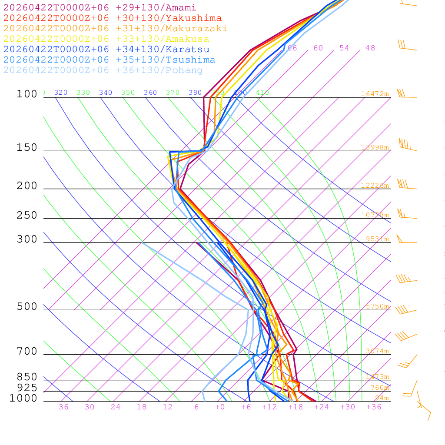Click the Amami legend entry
100,8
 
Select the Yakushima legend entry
112,18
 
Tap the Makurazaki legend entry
115,29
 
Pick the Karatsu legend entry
106,50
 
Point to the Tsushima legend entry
109,60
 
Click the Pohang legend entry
103,70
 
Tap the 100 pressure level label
27,94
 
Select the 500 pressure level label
27,307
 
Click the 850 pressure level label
27,377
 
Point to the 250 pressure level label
27,216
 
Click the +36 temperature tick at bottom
374,407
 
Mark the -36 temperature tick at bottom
61,407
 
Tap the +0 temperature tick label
220,407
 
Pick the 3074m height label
377,351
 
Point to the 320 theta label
61,93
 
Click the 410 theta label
262,93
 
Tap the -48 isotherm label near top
367,48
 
